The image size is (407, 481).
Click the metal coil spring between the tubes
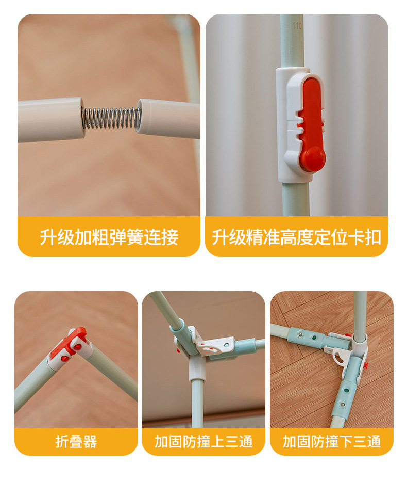coord(111,118)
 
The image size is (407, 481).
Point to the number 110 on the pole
coord(297,26)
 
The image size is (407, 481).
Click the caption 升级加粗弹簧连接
coord(109,237)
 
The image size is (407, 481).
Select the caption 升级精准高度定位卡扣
coord(296,237)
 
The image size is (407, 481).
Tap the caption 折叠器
coord(76,442)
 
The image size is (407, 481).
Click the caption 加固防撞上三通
coord(203,442)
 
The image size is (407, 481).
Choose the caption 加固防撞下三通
coord(332,442)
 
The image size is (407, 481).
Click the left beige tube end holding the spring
coord(50,120)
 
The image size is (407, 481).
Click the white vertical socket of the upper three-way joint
coord(197,368)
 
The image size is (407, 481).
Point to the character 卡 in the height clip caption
coord(356,237)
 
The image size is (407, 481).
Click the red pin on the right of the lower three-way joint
coord(365,365)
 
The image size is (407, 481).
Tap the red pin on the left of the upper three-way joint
coord(178,350)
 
